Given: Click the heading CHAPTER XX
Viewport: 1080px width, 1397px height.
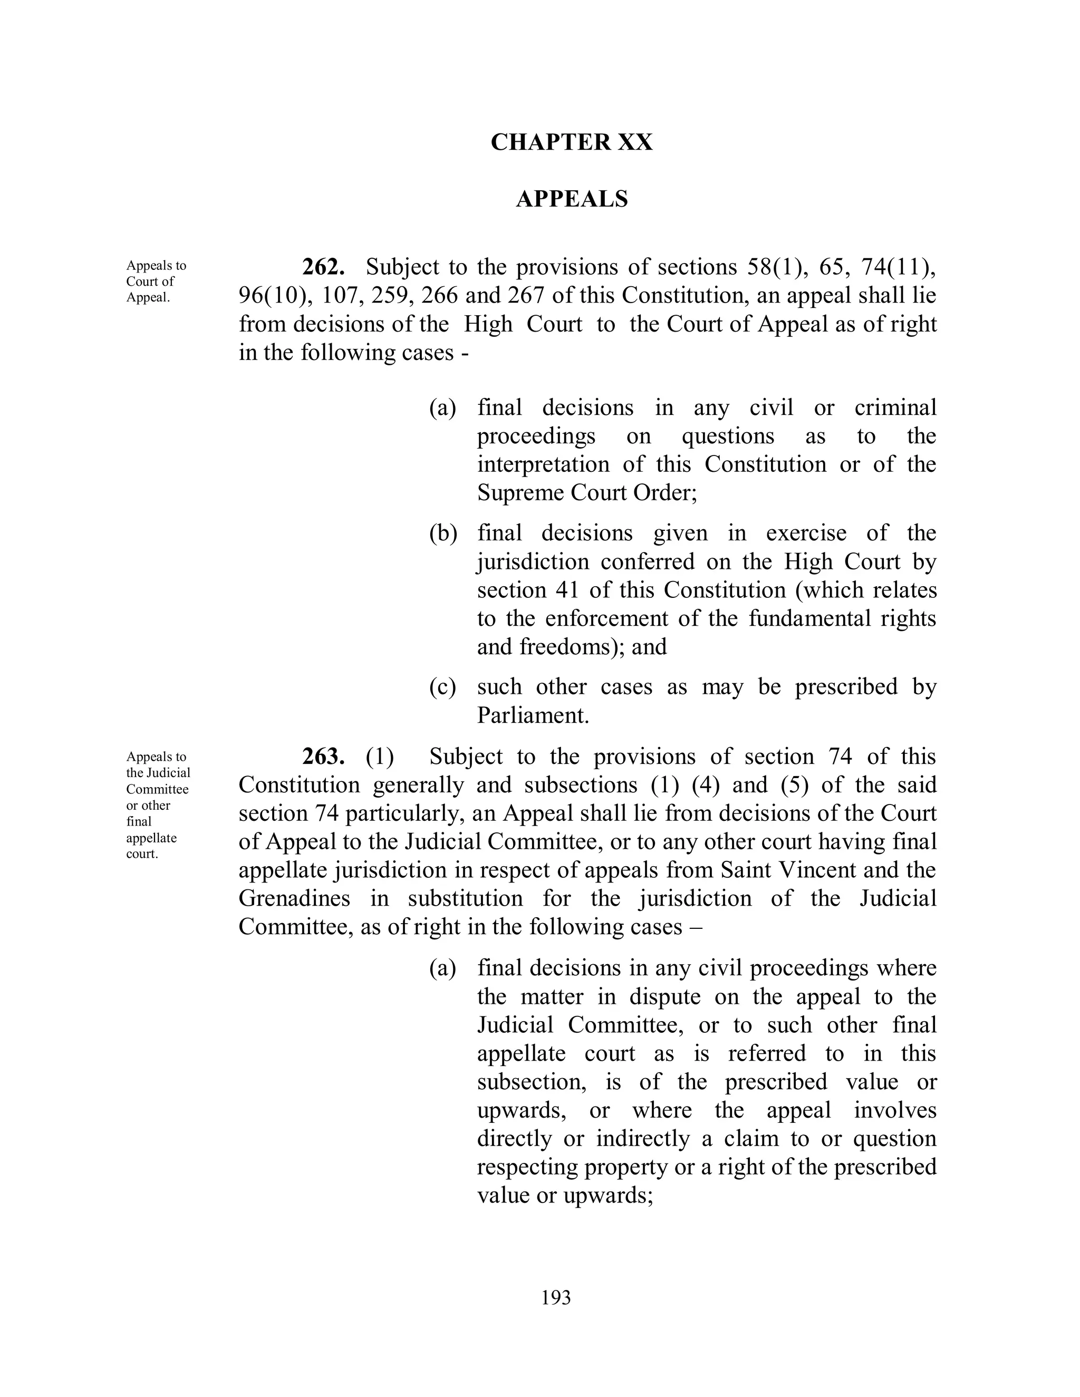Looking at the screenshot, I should coord(571,142).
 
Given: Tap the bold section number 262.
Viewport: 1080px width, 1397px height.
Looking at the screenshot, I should coord(324,267).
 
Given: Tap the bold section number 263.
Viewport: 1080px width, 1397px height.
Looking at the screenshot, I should coord(324,756).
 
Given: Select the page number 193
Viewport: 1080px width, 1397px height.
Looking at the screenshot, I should coord(555,1298).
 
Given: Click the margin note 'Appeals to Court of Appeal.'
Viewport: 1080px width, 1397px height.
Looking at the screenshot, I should coord(156,282).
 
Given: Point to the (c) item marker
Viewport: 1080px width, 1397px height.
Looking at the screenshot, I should coord(442,687).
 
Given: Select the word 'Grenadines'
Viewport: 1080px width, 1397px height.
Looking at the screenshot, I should coord(294,899).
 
